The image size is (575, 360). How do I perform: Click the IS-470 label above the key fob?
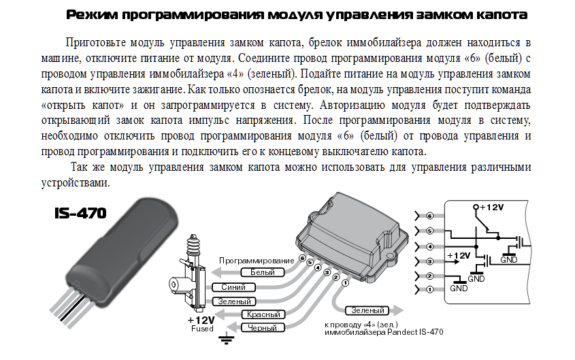point(80,213)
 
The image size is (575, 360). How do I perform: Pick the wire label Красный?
point(265,314)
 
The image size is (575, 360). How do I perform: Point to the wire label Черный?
point(265,328)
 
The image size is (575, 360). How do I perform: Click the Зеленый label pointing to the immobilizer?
point(367,310)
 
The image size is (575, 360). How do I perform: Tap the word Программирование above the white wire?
point(256,261)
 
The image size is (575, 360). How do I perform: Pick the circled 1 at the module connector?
point(344,282)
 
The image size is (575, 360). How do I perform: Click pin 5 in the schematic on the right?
point(429,231)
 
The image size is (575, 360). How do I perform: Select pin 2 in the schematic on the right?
point(429,276)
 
